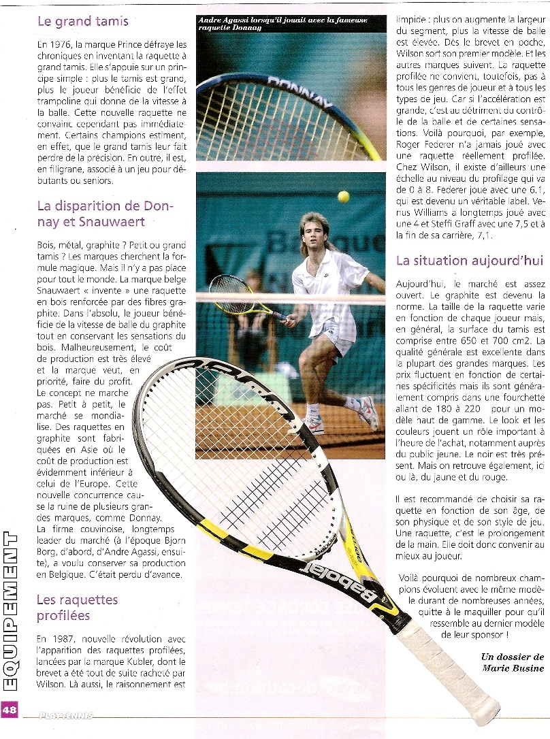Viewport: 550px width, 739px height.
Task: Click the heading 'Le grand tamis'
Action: (82, 22)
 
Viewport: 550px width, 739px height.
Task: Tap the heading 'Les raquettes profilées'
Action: (77, 608)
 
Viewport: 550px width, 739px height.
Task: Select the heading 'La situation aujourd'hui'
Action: (470, 261)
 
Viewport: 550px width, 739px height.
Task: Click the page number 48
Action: (10, 709)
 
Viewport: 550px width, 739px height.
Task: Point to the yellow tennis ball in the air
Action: (343, 197)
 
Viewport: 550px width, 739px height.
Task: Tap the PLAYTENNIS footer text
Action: (65, 715)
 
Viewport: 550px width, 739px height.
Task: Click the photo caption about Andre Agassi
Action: (282, 24)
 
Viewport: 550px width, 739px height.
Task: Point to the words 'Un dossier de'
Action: (512, 657)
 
